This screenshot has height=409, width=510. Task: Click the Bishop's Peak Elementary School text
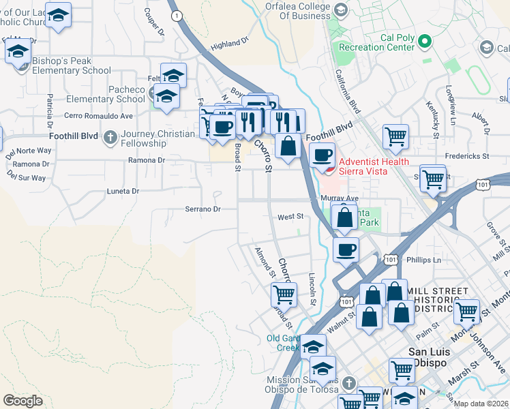[x=71, y=65]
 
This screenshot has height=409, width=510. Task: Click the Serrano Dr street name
[x=203, y=209]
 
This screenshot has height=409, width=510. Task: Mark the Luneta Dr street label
[x=123, y=192]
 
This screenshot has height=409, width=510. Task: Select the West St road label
[x=290, y=217]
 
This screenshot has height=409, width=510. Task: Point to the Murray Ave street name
[x=339, y=198]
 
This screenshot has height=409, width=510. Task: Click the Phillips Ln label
[x=423, y=260]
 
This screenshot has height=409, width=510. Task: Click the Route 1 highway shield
[x=177, y=15]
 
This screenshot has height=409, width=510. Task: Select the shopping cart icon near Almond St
[x=284, y=294]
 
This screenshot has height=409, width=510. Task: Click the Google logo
[x=22, y=401]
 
